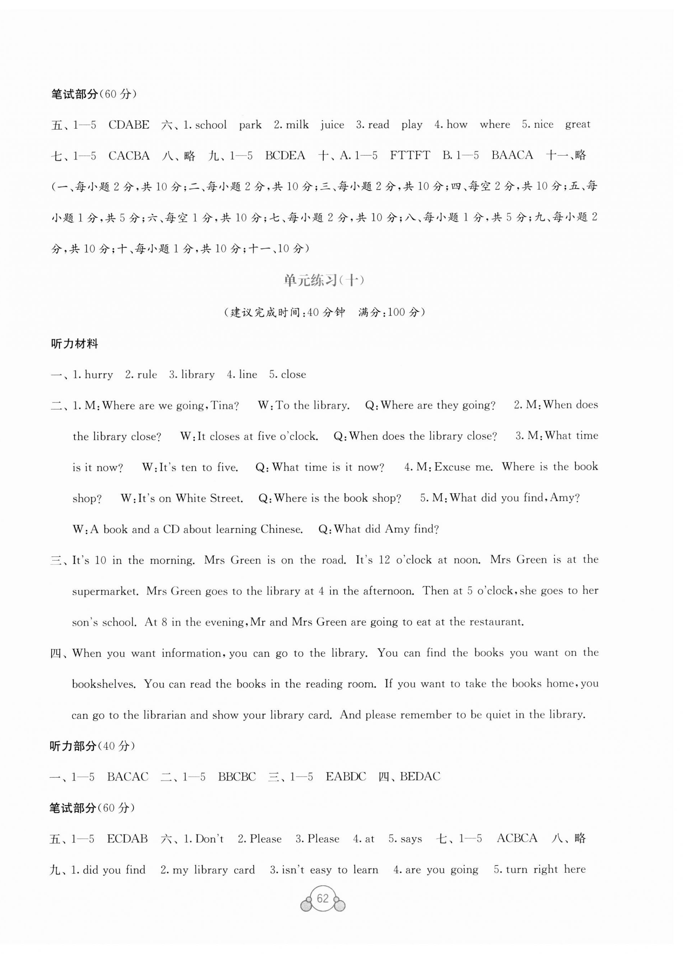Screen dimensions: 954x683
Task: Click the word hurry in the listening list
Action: point(99,375)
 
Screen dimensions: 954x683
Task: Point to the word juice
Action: point(332,125)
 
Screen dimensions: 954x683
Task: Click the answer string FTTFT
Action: point(410,156)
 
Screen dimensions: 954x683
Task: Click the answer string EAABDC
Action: point(346,777)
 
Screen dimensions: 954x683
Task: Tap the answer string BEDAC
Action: point(420,777)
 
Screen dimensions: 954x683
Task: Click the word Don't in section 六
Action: point(209,839)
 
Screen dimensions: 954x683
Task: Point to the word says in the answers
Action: point(411,839)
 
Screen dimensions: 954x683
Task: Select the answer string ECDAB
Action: point(128,839)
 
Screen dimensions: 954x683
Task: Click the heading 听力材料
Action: point(74,344)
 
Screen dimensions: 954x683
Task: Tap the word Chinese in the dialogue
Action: point(281,529)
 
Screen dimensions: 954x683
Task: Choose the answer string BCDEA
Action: point(285,156)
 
